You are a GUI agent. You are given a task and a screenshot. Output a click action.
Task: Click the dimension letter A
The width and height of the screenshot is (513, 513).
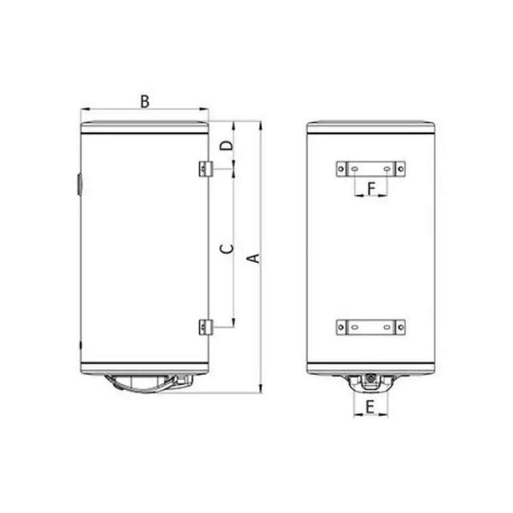pyautogui.click(x=254, y=258)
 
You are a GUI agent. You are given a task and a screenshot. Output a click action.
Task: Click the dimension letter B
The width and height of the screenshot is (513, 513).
pyautogui.click(x=145, y=101)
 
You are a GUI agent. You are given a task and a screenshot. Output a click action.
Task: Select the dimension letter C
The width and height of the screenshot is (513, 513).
pyautogui.click(x=227, y=249)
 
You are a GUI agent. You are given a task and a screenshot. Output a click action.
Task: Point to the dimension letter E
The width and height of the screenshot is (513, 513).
pyautogui.click(x=370, y=407)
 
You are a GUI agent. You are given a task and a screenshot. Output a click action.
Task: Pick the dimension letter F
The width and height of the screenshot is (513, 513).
pyautogui.click(x=371, y=189)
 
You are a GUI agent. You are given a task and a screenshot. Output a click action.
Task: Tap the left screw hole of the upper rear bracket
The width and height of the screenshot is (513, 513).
pyautogui.click(x=341, y=169)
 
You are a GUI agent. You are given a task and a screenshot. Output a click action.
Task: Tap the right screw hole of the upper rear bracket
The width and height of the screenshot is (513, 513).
pyautogui.click(x=401, y=169)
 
